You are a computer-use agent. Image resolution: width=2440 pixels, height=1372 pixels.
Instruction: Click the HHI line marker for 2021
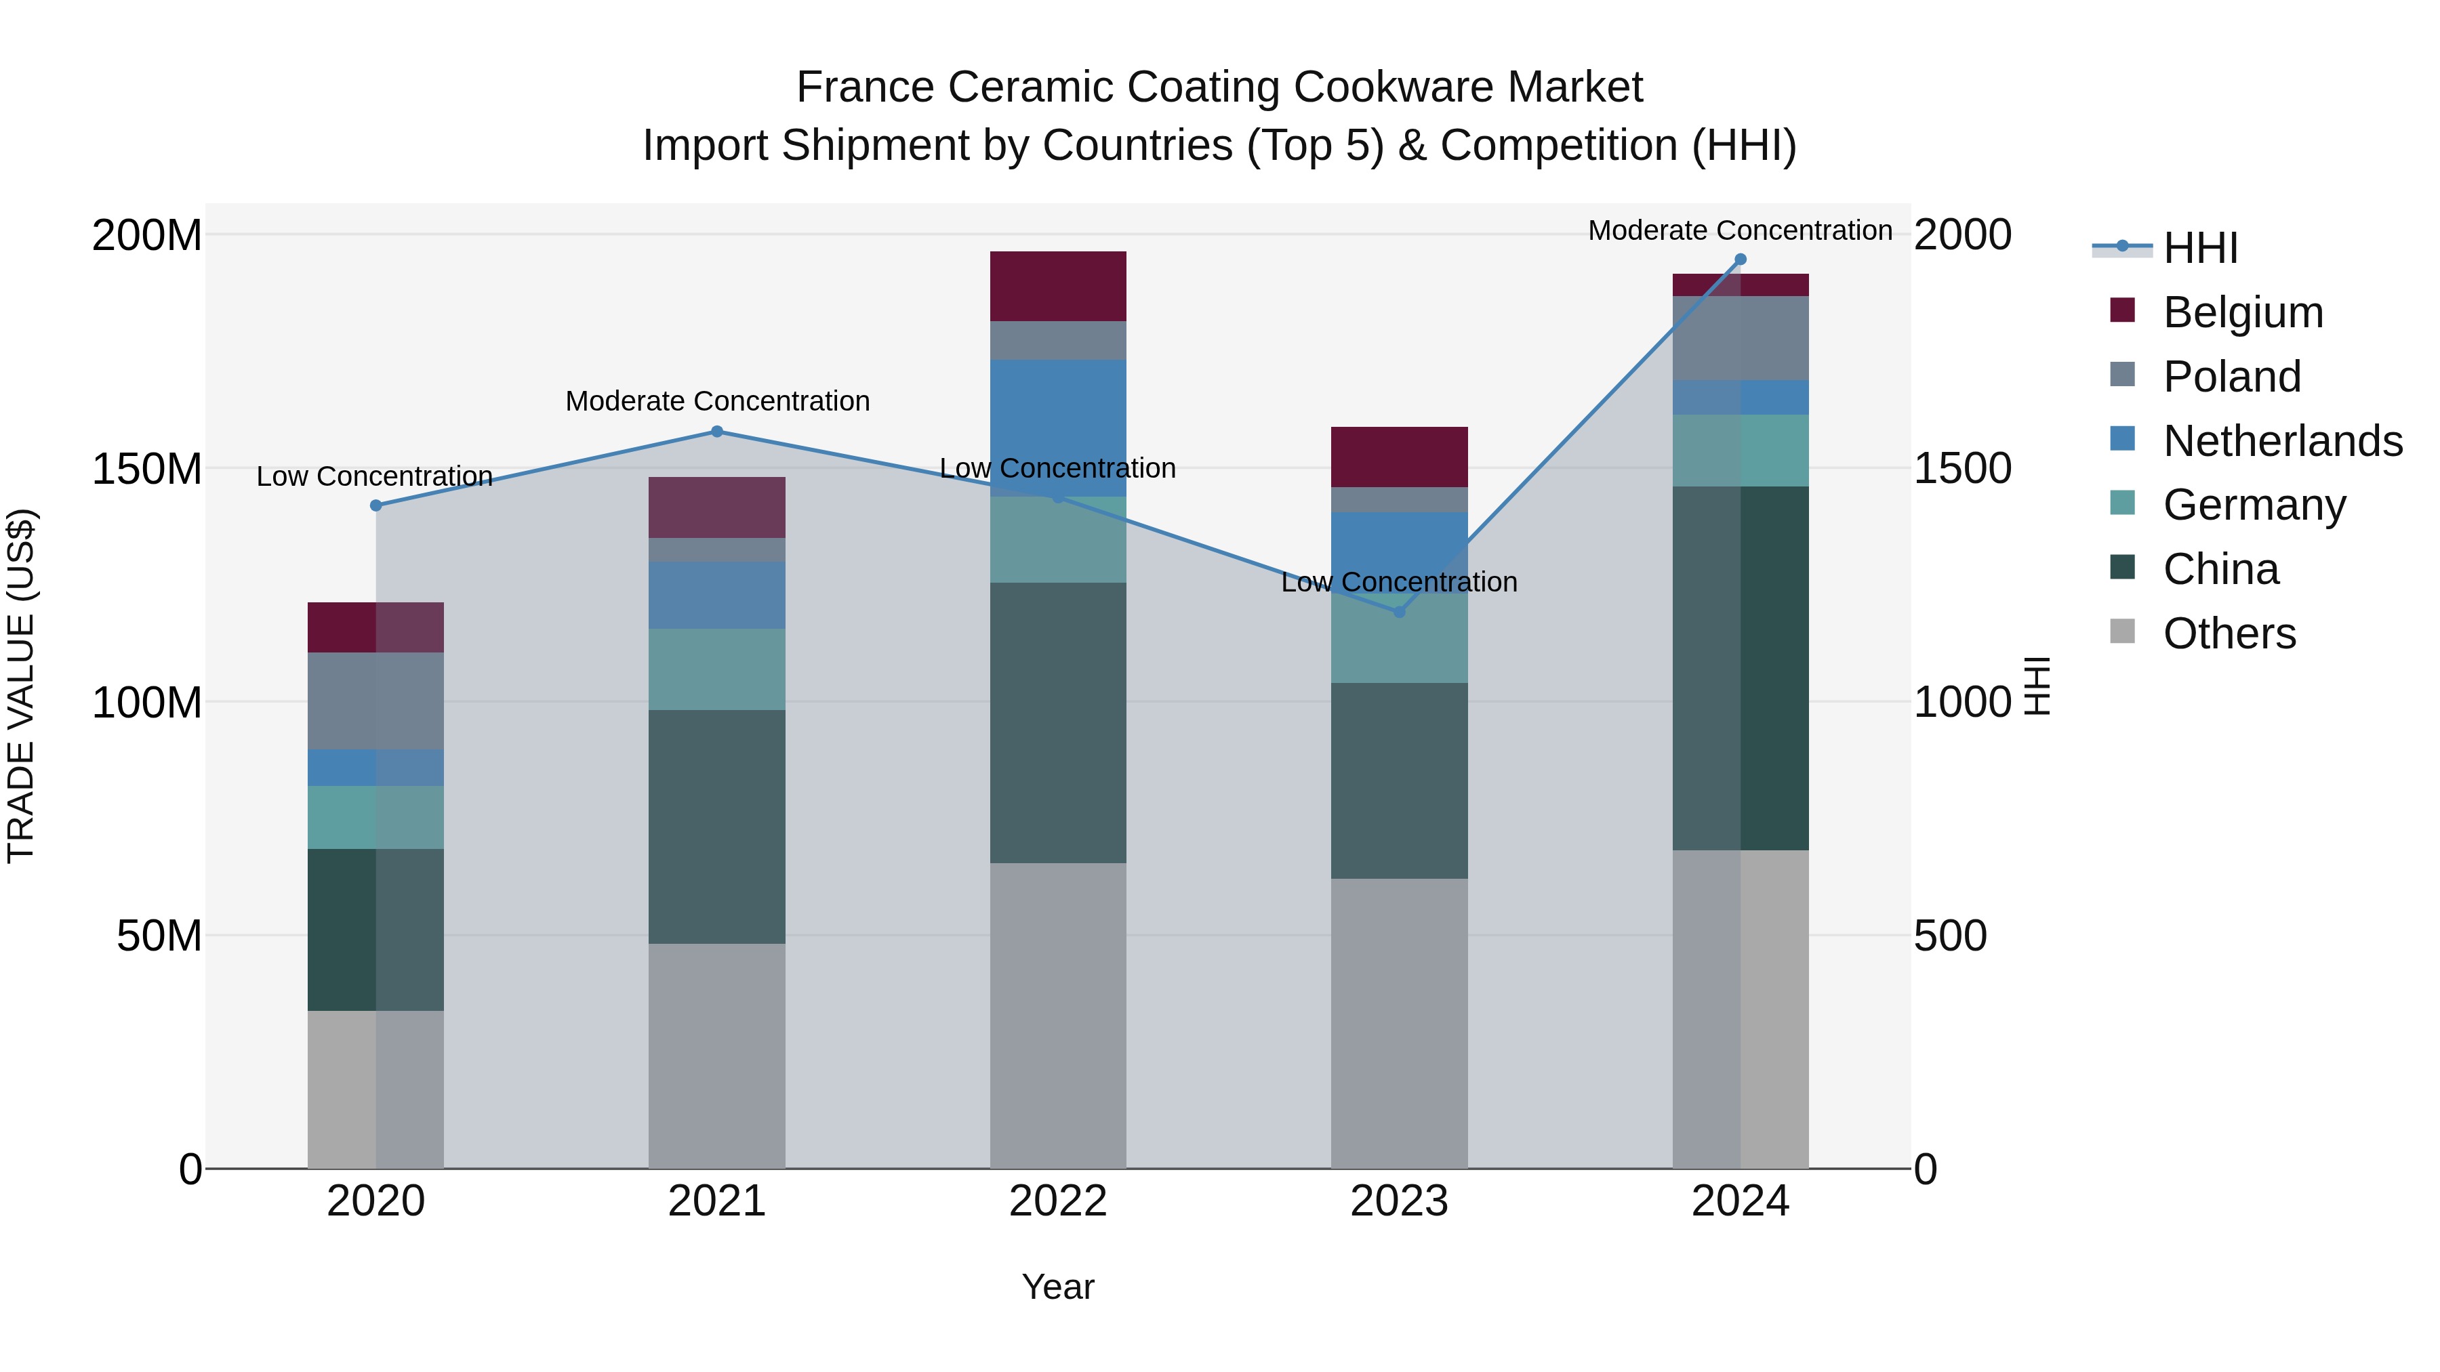tap(717, 432)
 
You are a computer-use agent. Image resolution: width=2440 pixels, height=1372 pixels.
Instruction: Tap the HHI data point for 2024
tap(1740, 259)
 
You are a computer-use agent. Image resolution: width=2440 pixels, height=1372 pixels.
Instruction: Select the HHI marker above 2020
tap(376, 505)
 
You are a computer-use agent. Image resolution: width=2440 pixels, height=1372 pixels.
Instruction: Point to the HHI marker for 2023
tap(1399, 612)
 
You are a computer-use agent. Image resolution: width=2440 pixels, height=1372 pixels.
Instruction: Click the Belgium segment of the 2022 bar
tap(1058, 286)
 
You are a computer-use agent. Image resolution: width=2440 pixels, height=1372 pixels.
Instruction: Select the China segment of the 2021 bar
tap(717, 826)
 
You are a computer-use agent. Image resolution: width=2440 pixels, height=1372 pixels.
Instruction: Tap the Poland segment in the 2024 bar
tap(1740, 338)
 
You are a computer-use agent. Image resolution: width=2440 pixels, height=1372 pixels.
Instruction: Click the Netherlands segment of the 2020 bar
tap(376, 767)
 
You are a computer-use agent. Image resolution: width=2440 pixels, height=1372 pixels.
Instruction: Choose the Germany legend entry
tap(2254, 505)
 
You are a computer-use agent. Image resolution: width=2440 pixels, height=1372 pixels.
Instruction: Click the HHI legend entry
tap(2200, 248)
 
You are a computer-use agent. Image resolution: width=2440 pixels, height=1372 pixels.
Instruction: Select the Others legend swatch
tap(2123, 631)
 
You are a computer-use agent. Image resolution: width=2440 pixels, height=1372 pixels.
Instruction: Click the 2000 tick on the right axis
tap(1961, 235)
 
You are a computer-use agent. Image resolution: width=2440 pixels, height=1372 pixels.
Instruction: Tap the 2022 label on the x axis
tap(1058, 1201)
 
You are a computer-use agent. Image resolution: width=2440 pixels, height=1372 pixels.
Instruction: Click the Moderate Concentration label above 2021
tap(717, 402)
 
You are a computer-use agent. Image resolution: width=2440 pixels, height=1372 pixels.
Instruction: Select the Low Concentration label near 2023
tap(1399, 582)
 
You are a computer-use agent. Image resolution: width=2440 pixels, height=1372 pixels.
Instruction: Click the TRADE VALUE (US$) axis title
tap(21, 686)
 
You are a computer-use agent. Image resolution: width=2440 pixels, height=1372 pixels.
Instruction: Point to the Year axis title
tap(1058, 1287)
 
